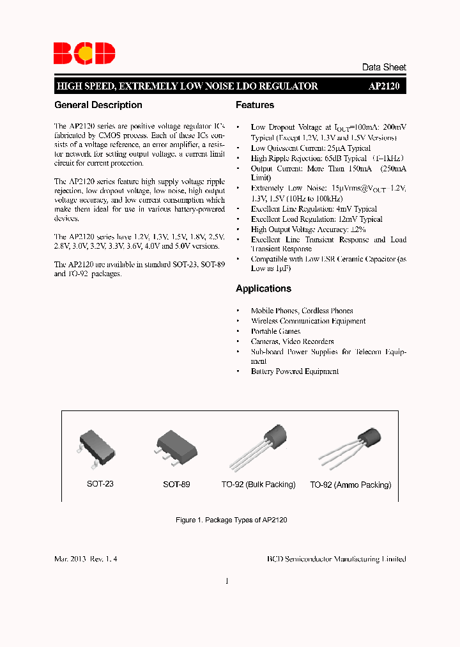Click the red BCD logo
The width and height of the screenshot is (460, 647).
click(84, 53)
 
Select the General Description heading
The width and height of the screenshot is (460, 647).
click(98, 105)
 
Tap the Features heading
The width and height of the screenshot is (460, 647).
click(255, 105)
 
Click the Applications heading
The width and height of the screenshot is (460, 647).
click(263, 288)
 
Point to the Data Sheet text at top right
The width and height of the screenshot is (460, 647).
click(383, 67)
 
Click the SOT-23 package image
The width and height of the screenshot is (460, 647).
click(98, 448)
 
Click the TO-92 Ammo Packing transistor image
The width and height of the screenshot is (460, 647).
click(350, 446)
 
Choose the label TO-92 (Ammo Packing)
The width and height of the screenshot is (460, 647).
click(350, 485)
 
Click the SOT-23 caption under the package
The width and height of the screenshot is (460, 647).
click(100, 485)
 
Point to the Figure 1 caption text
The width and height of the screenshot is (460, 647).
click(231, 520)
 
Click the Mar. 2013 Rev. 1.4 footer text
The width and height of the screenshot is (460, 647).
click(86, 559)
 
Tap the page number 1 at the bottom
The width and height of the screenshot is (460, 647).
click(227, 581)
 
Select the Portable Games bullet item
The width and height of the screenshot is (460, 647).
click(275, 331)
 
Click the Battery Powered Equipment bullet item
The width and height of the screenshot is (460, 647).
click(295, 371)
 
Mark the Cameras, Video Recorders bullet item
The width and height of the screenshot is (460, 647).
click(292, 341)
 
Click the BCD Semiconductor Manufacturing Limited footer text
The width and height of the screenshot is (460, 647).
click(336, 559)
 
